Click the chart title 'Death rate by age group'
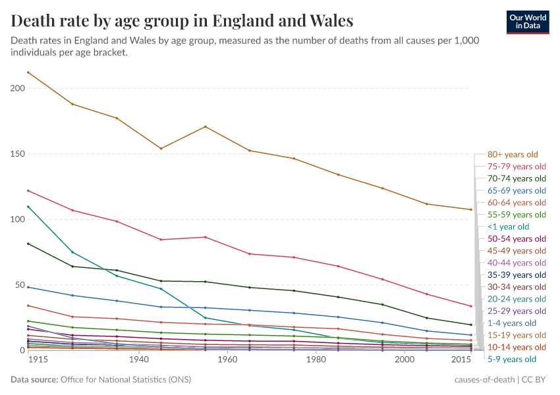click(x=182, y=20)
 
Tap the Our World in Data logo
click(x=528, y=22)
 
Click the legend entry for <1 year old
click(x=509, y=226)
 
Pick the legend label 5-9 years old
click(x=512, y=359)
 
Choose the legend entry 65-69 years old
click(x=517, y=190)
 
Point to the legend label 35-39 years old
click(x=517, y=275)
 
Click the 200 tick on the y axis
click(x=17, y=89)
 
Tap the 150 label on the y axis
click(x=17, y=154)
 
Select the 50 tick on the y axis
click(x=19, y=285)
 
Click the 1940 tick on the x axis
click(x=138, y=361)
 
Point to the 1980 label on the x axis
click(x=316, y=361)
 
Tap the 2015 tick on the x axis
click(x=461, y=361)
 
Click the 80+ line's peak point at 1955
click(x=206, y=126)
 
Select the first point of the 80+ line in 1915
click(x=28, y=72)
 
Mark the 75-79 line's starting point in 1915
click(x=28, y=191)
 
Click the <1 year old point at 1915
click(x=28, y=207)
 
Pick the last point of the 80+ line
click(x=470, y=209)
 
